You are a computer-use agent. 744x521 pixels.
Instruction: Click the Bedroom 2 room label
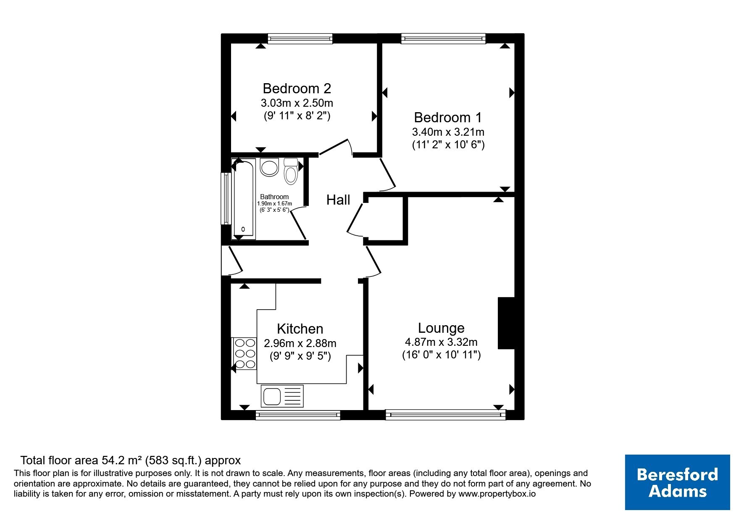pos(297,89)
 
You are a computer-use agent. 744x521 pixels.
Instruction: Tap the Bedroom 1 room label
pos(448,117)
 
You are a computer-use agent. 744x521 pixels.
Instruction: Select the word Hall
pos(338,200)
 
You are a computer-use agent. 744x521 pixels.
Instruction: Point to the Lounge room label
pos(441,328)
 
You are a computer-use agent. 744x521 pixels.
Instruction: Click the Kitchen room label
pos(300,329)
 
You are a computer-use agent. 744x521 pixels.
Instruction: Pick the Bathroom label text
pos(274,197)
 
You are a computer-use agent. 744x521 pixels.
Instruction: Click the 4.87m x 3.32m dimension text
pos(441,342)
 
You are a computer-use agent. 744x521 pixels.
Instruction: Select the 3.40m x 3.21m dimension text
pos(448,132)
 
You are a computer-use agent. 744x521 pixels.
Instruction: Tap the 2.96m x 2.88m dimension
pos(300,343)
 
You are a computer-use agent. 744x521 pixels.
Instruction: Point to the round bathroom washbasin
pos(269,167)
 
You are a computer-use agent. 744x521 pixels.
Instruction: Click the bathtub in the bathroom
pos(244,199)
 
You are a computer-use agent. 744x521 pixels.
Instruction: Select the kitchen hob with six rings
pos(244,353)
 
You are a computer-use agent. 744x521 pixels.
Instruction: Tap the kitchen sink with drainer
pos(282,396)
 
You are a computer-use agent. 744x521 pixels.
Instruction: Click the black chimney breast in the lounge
pos(506,323)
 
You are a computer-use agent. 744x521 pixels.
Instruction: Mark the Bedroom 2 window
pos(300,39)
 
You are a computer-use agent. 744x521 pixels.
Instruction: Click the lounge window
pos(446,415)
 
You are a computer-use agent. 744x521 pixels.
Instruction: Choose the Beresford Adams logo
pos(677,482)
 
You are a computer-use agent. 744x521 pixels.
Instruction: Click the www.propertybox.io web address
pos(497,494)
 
